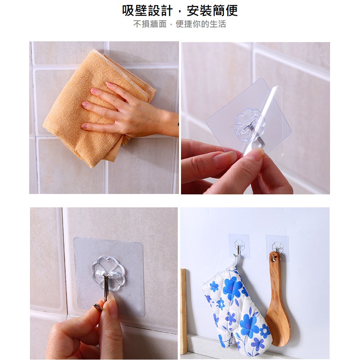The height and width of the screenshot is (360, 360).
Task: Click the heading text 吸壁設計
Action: coord(147,11)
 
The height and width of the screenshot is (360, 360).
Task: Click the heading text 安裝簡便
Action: coord(212,11)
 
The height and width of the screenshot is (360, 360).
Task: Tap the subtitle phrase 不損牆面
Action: coord(150,24)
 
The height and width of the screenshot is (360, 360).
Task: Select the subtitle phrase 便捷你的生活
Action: coord(201,24)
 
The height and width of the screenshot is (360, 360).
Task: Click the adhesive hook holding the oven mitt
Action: coord(239,246)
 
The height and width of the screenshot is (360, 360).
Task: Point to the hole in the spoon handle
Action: coord(274,260)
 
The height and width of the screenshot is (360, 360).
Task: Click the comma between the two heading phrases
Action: coord(180,14)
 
